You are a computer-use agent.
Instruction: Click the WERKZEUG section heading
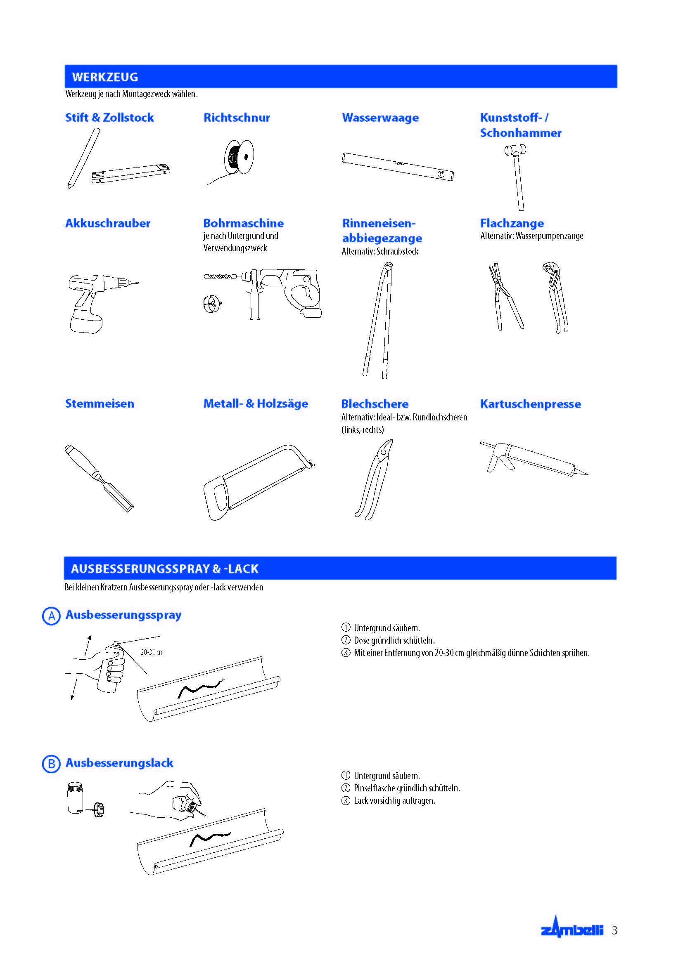(x=105, y=77)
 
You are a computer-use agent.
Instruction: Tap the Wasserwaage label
(x=380, y=118)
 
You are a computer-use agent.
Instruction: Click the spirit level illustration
(x=397, y=166)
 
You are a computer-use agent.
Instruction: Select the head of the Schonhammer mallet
(x=515, y=150)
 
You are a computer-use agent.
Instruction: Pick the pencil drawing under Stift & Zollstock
(x=84, y=158)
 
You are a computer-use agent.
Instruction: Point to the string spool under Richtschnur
(x=239, y=157)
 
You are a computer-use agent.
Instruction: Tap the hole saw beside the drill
(x=211, y=304)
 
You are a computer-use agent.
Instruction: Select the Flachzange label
(x=512, y=223)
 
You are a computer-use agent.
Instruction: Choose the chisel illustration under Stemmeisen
(x=99, y=477)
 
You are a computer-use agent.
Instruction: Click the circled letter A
(x=51, y=616)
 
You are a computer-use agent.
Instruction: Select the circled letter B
(x=51, y=764)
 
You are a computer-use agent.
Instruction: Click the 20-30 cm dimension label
(x=152, y=652)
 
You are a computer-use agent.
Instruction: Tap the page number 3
(x=614, y=930)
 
